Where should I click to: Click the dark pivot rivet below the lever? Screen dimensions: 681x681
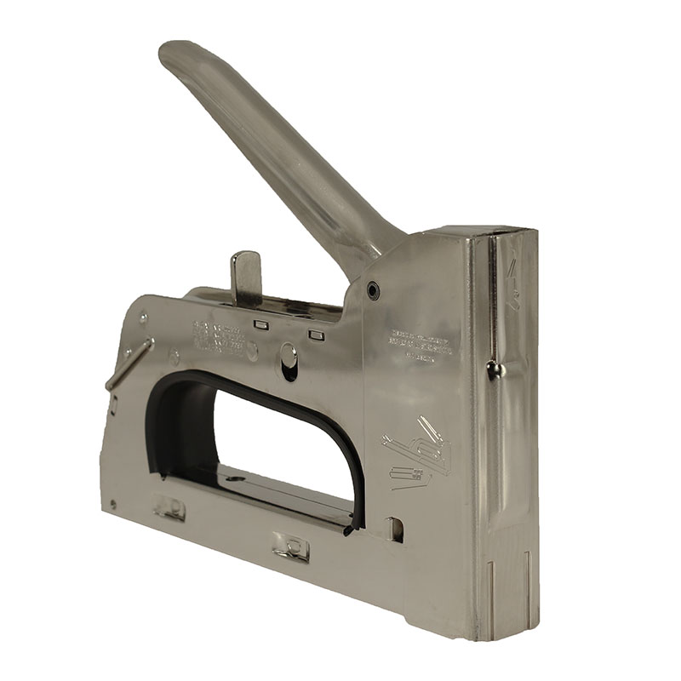[372, 291]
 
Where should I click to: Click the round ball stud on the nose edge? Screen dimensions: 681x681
[492, 368]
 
